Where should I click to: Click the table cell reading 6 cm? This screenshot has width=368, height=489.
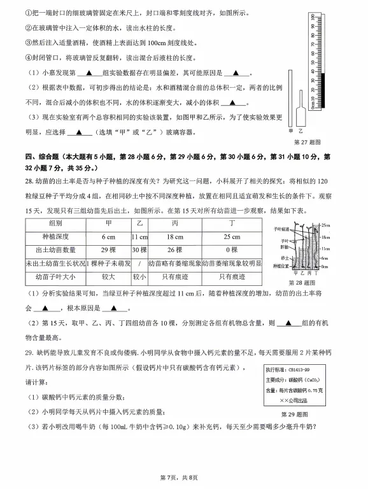coord(108,237)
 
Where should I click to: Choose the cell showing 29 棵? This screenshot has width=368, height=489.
coord(108,250)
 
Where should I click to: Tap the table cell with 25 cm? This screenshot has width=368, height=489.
coord(232,237)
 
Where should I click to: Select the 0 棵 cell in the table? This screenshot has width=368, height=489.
coord(232,250)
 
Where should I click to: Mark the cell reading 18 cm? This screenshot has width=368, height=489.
coord(174,237)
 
